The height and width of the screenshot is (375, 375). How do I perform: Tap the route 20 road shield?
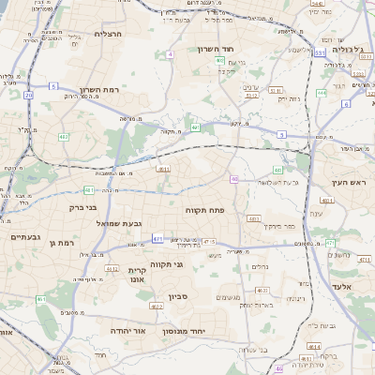click(29, 95)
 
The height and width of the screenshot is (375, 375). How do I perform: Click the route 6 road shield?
click(347, 104)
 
